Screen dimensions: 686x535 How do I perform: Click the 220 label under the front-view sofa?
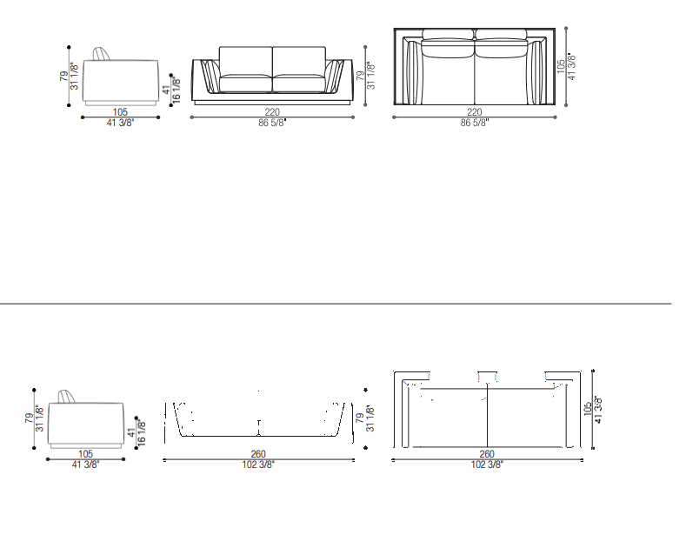(x=271, y=112)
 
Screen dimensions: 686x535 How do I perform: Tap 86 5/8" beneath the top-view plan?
(x=474, y=123)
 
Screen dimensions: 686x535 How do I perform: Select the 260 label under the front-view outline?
(x=258, y=454)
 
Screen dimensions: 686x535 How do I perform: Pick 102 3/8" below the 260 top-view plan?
(x=487, y=465)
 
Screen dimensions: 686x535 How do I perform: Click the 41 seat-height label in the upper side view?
(x=166, y=90)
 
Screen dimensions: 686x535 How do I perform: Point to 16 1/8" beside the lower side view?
(x=141, y=433)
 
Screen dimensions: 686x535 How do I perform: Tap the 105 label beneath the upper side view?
(x=120, y=112)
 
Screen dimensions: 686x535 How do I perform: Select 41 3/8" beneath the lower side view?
(x=85, y=465)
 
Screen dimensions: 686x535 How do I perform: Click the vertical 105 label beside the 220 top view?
(x=561, y=66)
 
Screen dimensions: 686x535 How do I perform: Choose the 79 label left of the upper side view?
(x=64, y=77)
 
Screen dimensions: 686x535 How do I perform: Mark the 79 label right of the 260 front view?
(x=360, y=418)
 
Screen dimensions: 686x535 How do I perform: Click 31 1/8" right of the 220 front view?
(x=371, y=77)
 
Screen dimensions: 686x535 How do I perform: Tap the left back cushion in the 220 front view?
(x=245, y=61)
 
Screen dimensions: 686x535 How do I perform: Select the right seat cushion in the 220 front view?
(x=299, y=84)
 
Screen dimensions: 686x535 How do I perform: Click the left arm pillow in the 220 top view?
(x=413, y=73)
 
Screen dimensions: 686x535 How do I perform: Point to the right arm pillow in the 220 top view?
(x=536, y=73)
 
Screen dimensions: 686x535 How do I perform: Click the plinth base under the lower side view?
(x=85, y=445)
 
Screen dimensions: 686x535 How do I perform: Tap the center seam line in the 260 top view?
(x=487, y=416)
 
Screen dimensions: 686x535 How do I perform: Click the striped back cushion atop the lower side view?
(x=66, y=396)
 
